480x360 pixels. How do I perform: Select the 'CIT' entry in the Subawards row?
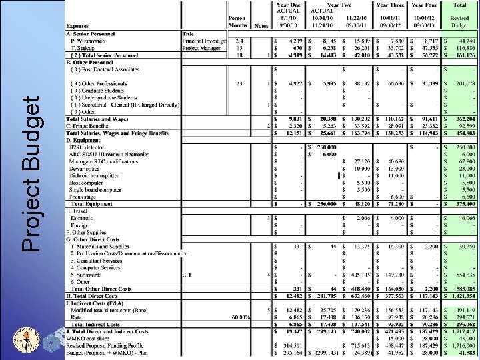(187, 274)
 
